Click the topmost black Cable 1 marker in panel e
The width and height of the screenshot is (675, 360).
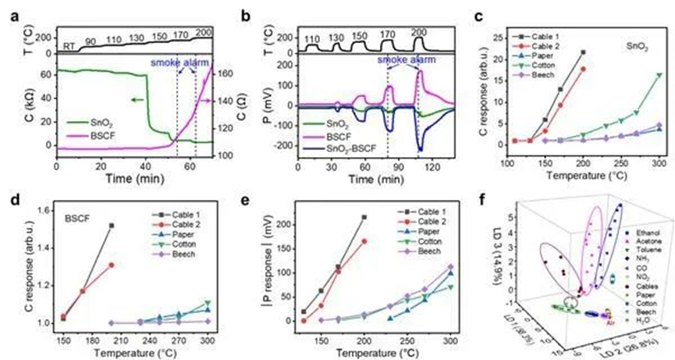click(x=364, y=218)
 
